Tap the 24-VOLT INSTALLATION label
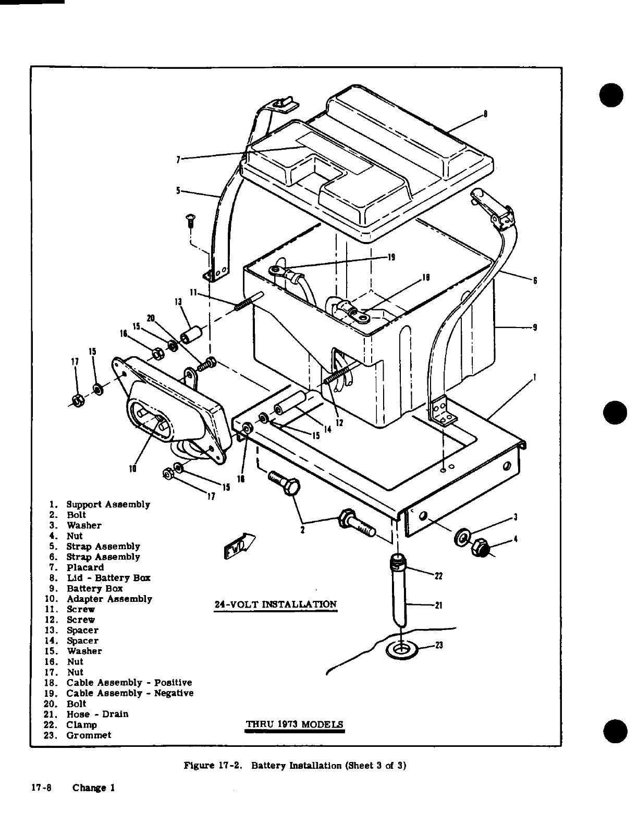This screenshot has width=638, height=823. pyautogui.click(x=276, y=604)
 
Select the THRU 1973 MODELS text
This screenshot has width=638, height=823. pyautogui.click(x=295, y=724)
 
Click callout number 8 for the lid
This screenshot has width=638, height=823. pyautogui.click(x=485, y=115)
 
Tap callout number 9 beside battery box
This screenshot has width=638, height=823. pyautogui.click(x=535, y=328)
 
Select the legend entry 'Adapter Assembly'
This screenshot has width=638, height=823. pyautogui.click(x=109, y=599)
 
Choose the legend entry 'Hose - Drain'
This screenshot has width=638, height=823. pyautogui.click(x=97, y=714)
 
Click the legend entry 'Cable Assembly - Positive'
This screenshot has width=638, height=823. pyautogui.click(x=129, y=683)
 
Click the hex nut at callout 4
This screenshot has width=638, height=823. pyautogui.click(x=480, y=548)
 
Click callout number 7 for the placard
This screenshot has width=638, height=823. pyautogui.click(x=178, y=160)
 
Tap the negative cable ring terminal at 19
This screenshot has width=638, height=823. pyautogui.click(x=276, y=270)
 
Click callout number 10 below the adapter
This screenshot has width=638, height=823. pyautogui.click(x=133, y=468)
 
